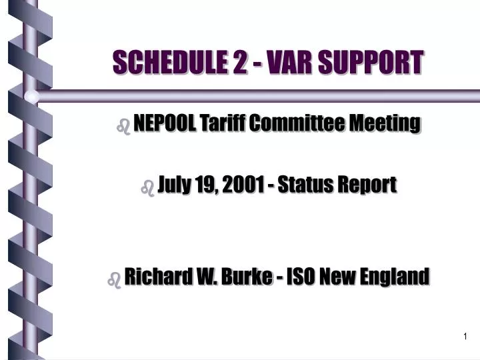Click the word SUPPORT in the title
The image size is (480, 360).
pos(373,63)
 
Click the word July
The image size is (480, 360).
pos(173,185)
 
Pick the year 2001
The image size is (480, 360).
pos(242,185)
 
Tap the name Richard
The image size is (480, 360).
pos(153,276)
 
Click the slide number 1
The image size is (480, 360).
pos(465,337)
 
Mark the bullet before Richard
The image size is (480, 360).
pos(113,279)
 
